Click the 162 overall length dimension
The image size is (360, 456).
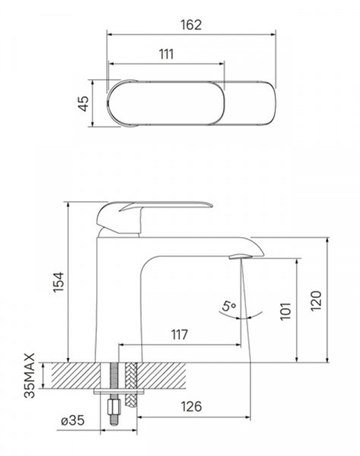tap(191, 25)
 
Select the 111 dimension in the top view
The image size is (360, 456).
tap(166, 55)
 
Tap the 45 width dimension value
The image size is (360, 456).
tap(84, 103)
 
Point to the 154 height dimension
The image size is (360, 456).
tap(58, 282)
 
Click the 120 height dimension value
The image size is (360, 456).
tap(316, 301)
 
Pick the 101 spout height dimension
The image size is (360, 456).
tap(286, 311)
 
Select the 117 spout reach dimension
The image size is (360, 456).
tap(179, 334)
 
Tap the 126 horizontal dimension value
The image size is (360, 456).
tap(191, 407)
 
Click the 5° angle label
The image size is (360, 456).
tap(229, 306)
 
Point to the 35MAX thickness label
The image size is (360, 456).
tap(30, 375)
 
